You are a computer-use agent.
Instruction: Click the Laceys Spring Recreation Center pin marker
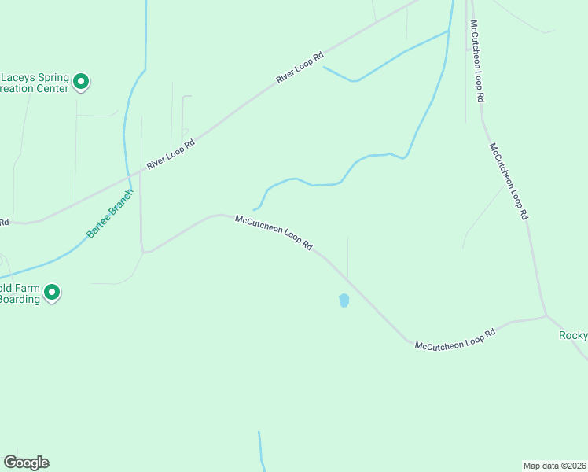81,81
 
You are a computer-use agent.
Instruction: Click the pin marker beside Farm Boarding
52,293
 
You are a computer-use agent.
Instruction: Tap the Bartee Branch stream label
109,213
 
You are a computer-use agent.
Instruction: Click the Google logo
26,463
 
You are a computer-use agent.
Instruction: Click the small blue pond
344,300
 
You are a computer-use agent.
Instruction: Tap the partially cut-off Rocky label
574,336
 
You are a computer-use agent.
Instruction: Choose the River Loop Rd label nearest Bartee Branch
170,155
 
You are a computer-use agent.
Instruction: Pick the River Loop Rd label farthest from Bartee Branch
300,69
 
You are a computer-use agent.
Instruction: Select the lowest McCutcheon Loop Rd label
455,339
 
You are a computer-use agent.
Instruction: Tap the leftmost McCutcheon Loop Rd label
274,234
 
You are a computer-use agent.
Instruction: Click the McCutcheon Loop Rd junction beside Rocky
546,317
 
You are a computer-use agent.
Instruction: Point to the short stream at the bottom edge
261,450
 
